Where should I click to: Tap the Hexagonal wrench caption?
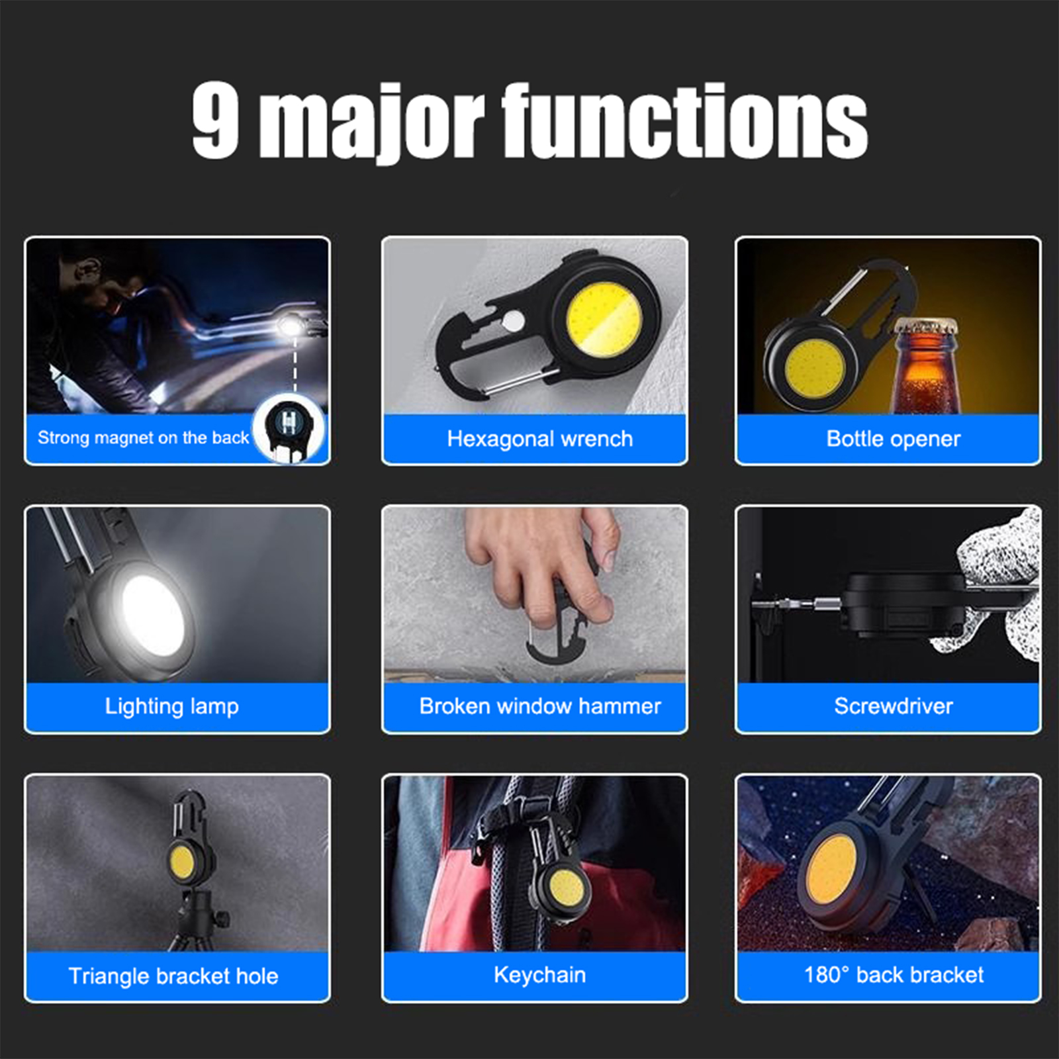click(x=540, y=439)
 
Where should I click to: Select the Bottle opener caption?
click(x=894, y=439)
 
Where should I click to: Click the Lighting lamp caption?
click(x=172, y=707)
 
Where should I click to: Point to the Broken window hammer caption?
click(x=540, y=706)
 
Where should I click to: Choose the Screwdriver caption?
click(x=894, y=706)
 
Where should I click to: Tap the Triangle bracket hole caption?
click(x=173, y=976)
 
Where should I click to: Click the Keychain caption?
click(x=540, y=976)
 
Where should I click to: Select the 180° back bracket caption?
click(x=894, y=975)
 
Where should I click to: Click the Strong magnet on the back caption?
click(x=143, y=438)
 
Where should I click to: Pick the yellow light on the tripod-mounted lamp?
click(x=181, y=862)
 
